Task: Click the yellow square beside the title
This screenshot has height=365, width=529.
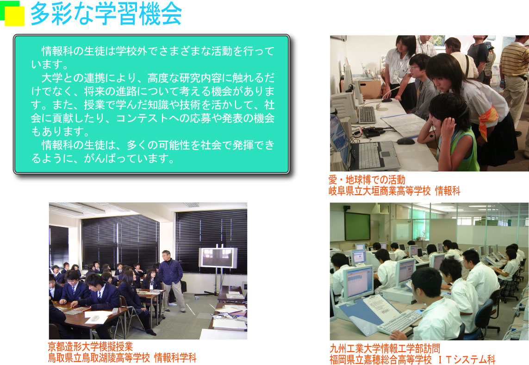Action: pyautogui.click(x=14, y=16)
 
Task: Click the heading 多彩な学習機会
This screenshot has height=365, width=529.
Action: pyautogui.click(x=106, y=14)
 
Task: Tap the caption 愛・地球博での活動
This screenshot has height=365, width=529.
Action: pyautogui.click(x=367, y=180)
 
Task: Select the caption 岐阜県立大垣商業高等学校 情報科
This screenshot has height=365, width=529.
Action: pyautogui.click(x=394, y=191)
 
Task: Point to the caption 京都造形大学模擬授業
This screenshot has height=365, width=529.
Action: pyautogui.click(x=90, y=346)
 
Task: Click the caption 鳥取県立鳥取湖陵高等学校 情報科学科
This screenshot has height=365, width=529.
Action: pyautogui.click(x=122, y=358)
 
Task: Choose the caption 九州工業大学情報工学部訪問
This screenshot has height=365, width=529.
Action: pyautogui.click(x=385, y=348)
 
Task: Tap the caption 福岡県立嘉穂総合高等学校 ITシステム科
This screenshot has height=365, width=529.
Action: pyautogui.click(x=412, y=359)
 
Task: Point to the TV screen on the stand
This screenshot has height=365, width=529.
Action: pyautogui.click(x=218, y=258)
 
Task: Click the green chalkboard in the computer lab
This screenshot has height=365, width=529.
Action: pyautogui.click(x=357, y=226)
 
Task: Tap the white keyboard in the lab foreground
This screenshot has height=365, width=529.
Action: pyautogui.click(x=400, y=322)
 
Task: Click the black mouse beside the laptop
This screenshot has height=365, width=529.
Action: pyautogui.click(x=405, y=141)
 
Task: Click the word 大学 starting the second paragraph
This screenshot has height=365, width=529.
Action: pyautogui.click(x=52, y=78)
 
